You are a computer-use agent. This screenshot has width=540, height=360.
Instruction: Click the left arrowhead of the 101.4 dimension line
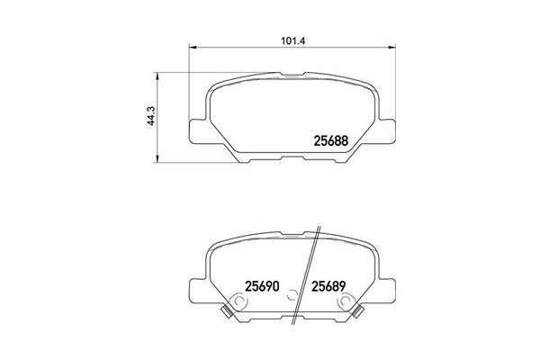(x=191, y=48)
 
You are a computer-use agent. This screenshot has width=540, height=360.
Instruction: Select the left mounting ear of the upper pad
(x=197, y=128)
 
